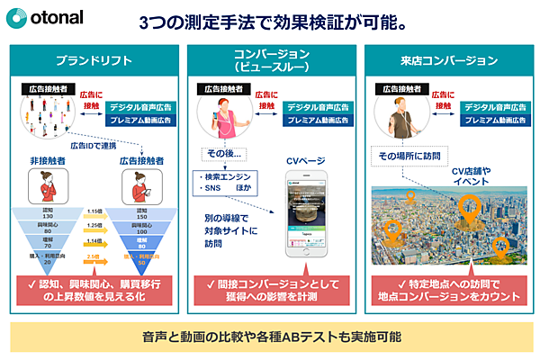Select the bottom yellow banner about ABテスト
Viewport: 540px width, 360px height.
[x=271, y=336]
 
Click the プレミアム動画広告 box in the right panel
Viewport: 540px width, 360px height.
[x=494, y=119]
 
